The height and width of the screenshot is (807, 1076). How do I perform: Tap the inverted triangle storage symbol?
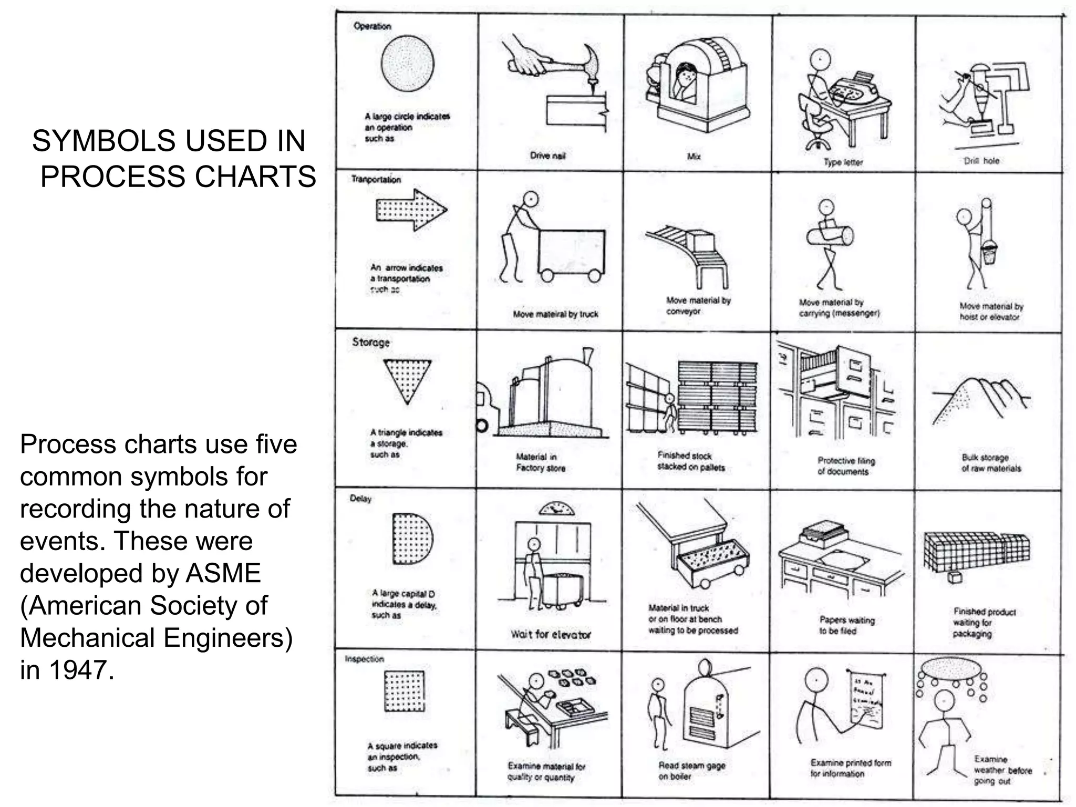pyautogui.click(x=407, y=379)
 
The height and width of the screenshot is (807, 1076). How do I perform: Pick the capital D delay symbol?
pyautogui.click(x=411, y=538)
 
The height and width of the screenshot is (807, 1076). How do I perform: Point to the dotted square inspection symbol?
pyautogui.click(x=404, y=690)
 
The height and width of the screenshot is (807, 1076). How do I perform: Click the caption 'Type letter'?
pyautogui.click(x=843, y=162)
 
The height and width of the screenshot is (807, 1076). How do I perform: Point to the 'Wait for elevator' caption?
pyautogui.click(x=551, y=634)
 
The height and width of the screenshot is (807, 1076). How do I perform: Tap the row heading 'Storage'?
pyautogui.click(x=371, y=342)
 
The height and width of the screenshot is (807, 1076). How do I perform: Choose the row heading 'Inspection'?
pyautogui.click(x=365, y=659)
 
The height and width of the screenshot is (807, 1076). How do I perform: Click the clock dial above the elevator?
pyautogui.click(x=557, y=508)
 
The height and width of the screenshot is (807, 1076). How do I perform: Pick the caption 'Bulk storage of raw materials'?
pyautogui.click(x=991, y=463)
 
